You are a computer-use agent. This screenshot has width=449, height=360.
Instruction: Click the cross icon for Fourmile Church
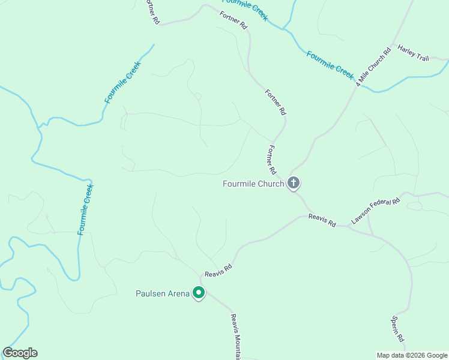294,183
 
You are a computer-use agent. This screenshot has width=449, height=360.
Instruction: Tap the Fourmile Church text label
253,184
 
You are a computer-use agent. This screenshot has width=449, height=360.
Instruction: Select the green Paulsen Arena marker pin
199,293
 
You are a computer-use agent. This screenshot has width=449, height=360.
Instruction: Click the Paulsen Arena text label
162,293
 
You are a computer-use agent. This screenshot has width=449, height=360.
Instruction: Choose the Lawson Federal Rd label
376,211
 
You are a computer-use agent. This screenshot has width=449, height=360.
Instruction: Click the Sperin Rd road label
398,329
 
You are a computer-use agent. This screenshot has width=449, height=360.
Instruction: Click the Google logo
20,353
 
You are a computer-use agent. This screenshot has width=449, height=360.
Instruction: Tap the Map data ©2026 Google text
412,355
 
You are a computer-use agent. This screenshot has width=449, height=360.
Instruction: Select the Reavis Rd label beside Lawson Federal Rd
322,220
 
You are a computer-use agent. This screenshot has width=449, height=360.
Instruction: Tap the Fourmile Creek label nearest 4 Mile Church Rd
330,64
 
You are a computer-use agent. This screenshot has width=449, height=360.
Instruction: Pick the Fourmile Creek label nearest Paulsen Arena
86,209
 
